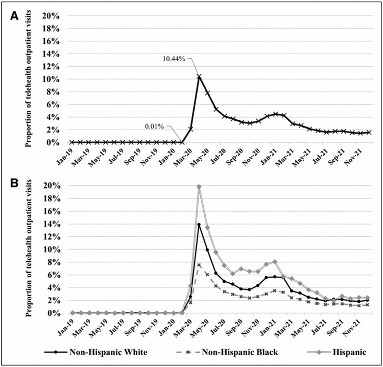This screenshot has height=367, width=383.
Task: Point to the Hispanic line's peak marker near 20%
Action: [199, 187]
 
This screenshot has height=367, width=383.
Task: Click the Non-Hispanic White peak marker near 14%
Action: [199, 225]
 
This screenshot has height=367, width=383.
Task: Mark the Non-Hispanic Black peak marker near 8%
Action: [199, 264]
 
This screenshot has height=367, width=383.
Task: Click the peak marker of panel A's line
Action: [199, 77]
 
